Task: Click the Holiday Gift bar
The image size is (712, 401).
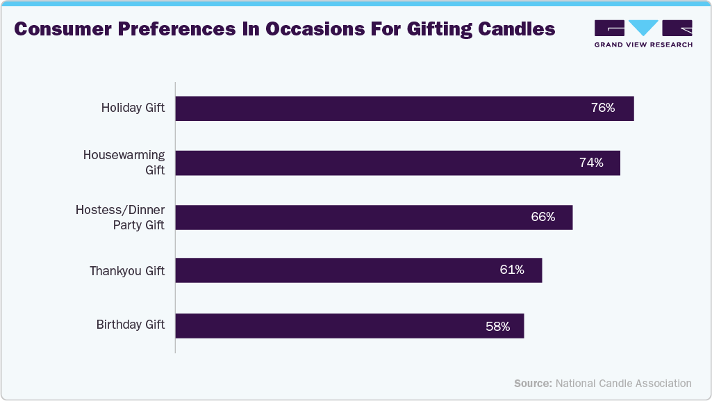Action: tap(404, 108)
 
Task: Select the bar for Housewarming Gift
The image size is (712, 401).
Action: tap(397, 163)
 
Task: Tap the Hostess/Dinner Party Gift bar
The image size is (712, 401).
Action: tap(374, 217)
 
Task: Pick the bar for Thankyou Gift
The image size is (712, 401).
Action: tap(358, 270)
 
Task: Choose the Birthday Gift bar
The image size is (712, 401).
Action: tap(349, 325)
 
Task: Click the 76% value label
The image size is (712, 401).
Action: tap(603, 108)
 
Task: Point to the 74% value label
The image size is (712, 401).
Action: tap(591, 163)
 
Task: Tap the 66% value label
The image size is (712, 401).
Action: tap(543, 217)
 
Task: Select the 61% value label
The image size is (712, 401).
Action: tap(512, 270)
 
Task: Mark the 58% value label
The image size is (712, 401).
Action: tap(498, 325)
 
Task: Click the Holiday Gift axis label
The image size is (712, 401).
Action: tap(133, 108)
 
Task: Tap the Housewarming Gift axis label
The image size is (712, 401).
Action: tap(124, 163)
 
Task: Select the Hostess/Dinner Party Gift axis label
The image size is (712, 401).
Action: tap(120, 217)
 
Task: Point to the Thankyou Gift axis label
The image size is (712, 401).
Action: tap(127, 271)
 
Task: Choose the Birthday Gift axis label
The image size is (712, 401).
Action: tap(131, 325)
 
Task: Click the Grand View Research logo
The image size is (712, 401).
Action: tap(643, 33)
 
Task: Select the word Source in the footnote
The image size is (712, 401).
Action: tap(533, 383)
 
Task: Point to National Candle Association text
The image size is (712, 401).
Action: tap(624, 383)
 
